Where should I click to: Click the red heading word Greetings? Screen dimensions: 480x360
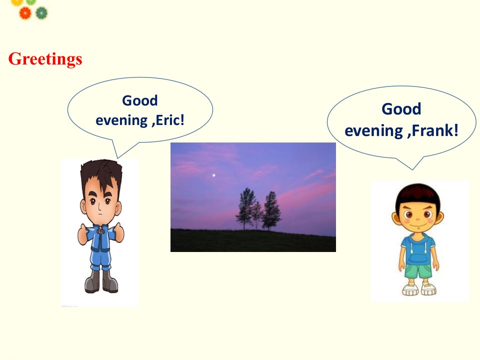[x=45, y=59]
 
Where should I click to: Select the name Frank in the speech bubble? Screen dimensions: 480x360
[x=435, y=130]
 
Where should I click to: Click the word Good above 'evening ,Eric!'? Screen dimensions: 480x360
[x=140, y=100]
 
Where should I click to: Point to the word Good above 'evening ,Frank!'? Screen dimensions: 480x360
[x=401, y=108]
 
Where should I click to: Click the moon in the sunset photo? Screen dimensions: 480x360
[x=213, y=175]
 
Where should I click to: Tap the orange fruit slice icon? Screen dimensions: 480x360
[x=25, y=13]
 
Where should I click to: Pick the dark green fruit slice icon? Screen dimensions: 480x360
[x=41, y=13]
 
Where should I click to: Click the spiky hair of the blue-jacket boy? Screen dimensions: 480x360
[x=101, y=173]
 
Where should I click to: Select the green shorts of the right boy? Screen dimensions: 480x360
[x=418, y=271]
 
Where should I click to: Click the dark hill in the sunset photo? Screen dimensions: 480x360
[x=253, y=240]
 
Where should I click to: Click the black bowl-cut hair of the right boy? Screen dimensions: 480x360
[x=417, y=196]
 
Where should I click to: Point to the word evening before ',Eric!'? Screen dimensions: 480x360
[x=121, y=120]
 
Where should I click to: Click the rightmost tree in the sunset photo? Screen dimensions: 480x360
[x=271, y=210]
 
